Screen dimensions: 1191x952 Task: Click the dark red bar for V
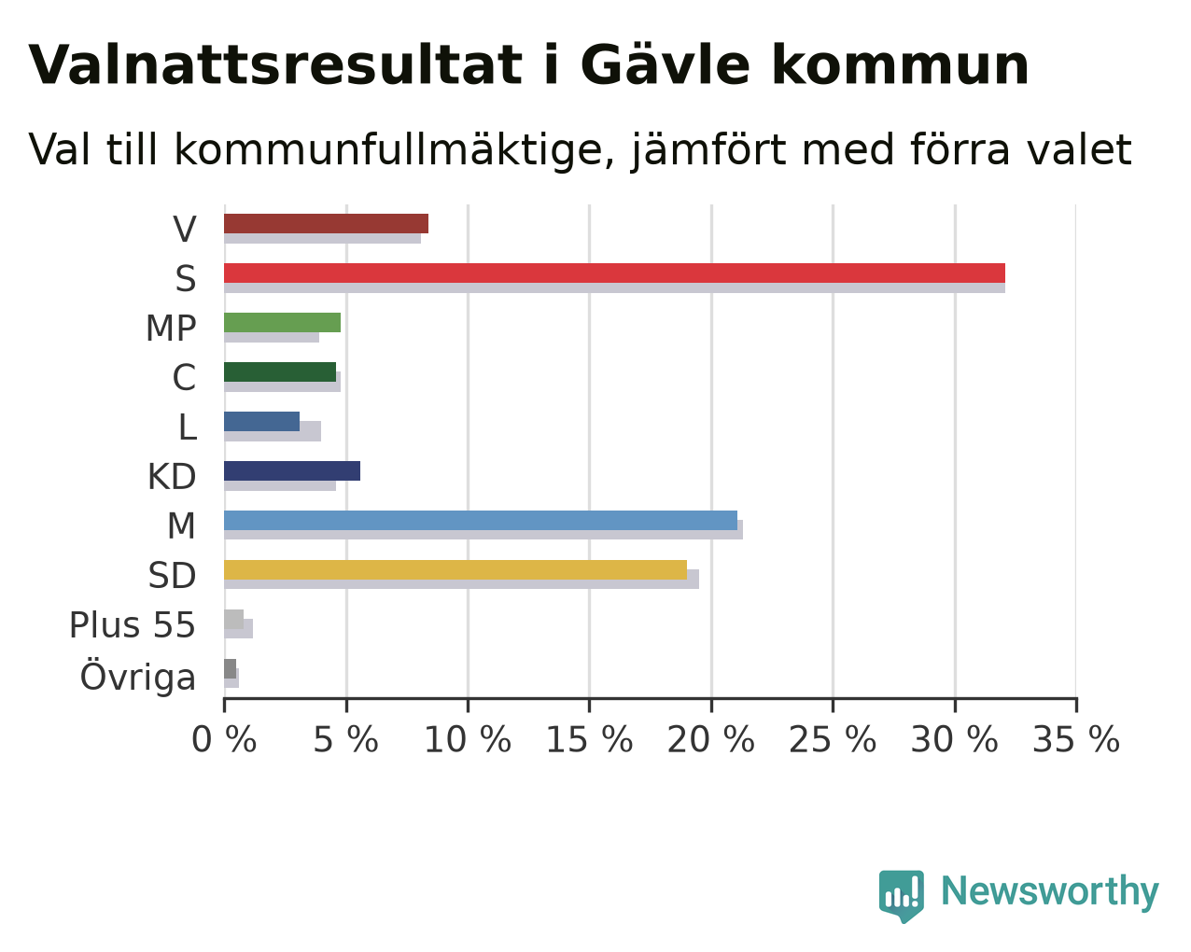coord(326,224)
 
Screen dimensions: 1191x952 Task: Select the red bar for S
coord(614,273)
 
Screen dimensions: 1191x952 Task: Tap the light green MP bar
coord(282,323)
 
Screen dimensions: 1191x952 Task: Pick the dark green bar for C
coord(280,372)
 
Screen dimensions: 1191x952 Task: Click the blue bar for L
coord(261,421)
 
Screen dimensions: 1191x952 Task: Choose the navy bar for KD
coord(292,471)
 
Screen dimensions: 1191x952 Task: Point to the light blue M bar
coord(481,520)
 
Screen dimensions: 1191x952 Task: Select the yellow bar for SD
coord(455,570)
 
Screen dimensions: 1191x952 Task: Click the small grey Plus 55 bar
coord(233,620)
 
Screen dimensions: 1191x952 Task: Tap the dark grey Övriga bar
coord(231,668)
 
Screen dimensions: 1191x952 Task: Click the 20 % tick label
coord(710,740)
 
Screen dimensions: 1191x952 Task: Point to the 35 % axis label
coord(1076,740)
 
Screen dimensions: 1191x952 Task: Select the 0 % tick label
coord(224,740)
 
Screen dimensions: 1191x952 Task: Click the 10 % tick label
coord(468,740)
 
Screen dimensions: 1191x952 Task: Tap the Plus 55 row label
coord(133,625)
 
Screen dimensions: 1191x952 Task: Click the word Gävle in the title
coord(666,65)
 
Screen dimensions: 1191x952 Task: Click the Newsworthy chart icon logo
coord(902,893)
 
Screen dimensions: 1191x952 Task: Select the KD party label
coord(172,477)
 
